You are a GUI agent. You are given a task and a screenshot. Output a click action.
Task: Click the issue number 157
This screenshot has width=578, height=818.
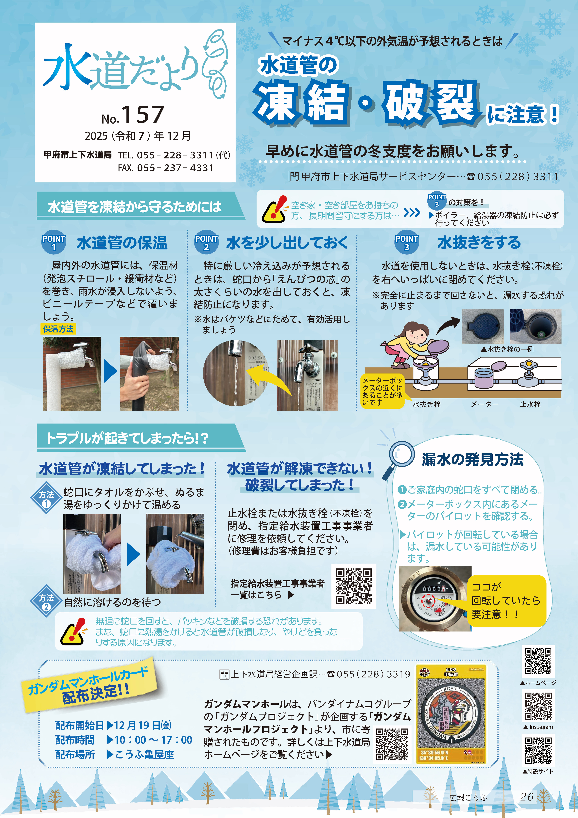point(143,115)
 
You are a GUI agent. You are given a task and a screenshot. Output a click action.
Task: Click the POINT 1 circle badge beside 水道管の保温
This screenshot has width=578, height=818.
point(54,243)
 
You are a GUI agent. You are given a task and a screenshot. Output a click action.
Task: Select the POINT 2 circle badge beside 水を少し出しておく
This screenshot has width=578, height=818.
point(206,243)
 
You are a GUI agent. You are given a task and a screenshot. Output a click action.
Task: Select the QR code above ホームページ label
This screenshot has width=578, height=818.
point(538,661)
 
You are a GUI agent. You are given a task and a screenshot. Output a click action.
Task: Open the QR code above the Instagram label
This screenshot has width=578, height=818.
point(538,706)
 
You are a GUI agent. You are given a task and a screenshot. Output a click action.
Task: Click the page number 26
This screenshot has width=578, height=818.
point(527,797)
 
